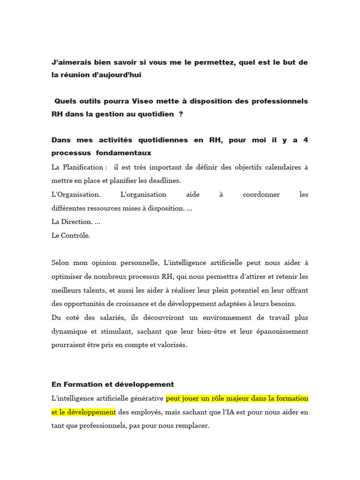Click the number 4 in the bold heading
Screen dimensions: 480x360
[306, 140]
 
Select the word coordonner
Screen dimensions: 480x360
[259, 194]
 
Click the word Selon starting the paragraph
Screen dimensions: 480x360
[61, 263]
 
